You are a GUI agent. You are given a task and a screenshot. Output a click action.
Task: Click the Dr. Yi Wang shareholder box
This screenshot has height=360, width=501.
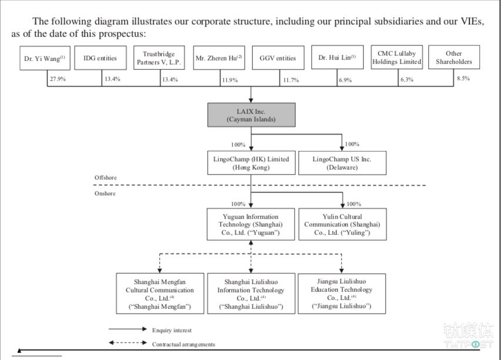tap(45, 58)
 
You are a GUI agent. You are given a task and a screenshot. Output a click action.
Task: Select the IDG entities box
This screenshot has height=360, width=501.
tap(100, 58)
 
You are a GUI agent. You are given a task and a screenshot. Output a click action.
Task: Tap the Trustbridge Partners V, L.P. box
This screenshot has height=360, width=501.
tap(159, 58)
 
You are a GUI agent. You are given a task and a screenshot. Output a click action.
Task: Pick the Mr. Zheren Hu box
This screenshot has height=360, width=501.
tap(219, 58)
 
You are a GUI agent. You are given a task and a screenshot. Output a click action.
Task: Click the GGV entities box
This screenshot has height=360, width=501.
tap(278, 58)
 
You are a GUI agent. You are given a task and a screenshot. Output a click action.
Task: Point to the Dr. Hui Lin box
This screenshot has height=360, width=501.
tap(337, 57)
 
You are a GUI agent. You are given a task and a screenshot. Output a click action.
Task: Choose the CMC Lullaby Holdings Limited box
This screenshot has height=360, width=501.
tap(397, 57)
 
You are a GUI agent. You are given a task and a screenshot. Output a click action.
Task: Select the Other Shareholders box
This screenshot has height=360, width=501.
tap(454, 57)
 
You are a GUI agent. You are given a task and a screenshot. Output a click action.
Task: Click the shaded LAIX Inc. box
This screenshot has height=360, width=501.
tap(251, 115)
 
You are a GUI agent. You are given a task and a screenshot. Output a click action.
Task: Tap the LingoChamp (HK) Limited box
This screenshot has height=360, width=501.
tap(251, 163)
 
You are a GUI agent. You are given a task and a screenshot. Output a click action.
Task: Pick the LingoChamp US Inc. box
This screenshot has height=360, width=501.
tap(342, 163)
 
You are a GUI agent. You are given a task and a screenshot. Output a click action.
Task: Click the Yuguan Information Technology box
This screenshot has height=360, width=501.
tap(251, 224)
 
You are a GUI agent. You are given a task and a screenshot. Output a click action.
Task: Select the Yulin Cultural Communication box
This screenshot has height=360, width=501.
tap(342, 224)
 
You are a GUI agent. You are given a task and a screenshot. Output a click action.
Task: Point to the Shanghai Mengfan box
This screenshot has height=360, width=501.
tap(160, 294)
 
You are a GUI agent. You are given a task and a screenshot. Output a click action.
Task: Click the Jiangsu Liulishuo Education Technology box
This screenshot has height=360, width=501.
tap(342, 294)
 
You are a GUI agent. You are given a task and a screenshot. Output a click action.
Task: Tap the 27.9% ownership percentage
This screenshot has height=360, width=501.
tap(58, 79)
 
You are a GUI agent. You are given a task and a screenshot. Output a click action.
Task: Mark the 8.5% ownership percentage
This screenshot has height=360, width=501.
tap(463, 78)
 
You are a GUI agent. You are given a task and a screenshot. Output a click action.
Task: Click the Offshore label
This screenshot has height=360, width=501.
tap(106, 177)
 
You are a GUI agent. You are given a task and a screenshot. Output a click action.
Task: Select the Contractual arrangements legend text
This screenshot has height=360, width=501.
tap(183, 344)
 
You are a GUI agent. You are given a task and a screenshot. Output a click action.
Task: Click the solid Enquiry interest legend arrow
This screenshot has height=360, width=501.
tap(128, 329)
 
